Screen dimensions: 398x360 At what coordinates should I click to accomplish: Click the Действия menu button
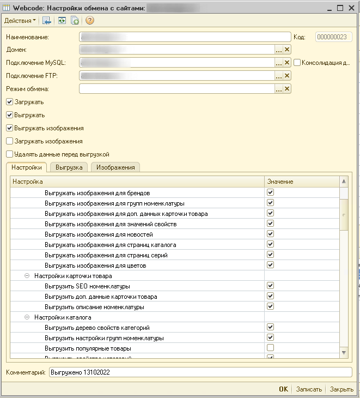[20, 20]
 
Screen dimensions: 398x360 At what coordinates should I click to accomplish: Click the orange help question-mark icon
[90, 20]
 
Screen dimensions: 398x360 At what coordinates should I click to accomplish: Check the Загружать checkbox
[9, 102]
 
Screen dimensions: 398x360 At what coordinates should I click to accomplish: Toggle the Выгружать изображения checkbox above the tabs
[9, 128]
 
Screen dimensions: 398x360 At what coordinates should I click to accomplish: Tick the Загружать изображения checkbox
[9, 141]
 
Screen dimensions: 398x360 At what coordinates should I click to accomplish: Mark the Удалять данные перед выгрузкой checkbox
[9, 154]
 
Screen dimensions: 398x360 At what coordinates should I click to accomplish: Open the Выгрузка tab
[69, 167]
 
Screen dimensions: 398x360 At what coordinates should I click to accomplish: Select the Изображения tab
[115, 167]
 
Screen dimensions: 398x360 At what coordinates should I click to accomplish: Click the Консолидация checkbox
[297, 63]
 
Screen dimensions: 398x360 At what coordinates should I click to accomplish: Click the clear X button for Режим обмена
[287, 89]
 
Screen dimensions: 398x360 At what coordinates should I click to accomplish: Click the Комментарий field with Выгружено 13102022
[200, 372]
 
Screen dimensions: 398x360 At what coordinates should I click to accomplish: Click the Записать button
[308, 389]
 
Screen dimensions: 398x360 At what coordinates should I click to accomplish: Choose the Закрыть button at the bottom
[341, 389]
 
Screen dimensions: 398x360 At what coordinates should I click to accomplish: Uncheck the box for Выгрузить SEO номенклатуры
[270, 286]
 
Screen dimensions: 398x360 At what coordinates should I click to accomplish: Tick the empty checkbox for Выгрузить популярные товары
[270, 348]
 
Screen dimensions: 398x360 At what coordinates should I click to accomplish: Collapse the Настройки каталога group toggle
[27, 317]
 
